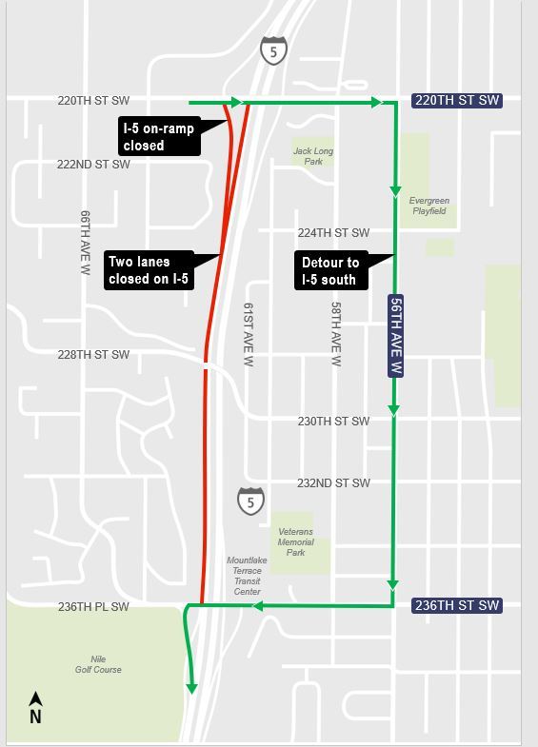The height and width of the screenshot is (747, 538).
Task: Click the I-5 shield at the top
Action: point(273,51)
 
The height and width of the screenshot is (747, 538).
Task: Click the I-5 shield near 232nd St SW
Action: point(250,501)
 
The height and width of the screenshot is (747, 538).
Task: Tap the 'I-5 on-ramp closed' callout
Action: point(157,136)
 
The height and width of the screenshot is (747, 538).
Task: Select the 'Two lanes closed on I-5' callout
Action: point(149,269)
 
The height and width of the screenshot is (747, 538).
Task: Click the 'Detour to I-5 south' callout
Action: point(329,270)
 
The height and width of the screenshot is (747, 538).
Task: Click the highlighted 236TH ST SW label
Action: point(455,605)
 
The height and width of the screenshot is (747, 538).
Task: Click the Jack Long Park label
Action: point(312,156)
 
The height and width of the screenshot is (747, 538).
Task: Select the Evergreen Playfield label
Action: point(428,206)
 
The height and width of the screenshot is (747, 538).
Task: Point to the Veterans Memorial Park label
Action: point(295,541)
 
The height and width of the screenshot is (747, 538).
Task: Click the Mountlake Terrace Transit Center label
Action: point(247,576)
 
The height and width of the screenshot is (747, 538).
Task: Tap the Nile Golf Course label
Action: point(98,663)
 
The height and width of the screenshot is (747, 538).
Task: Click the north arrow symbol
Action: point(35,708)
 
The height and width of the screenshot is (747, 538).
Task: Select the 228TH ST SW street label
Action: point(92,355)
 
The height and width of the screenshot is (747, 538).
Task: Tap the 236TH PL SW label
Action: point(92,606)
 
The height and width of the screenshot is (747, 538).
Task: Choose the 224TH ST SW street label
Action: point(333,233)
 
